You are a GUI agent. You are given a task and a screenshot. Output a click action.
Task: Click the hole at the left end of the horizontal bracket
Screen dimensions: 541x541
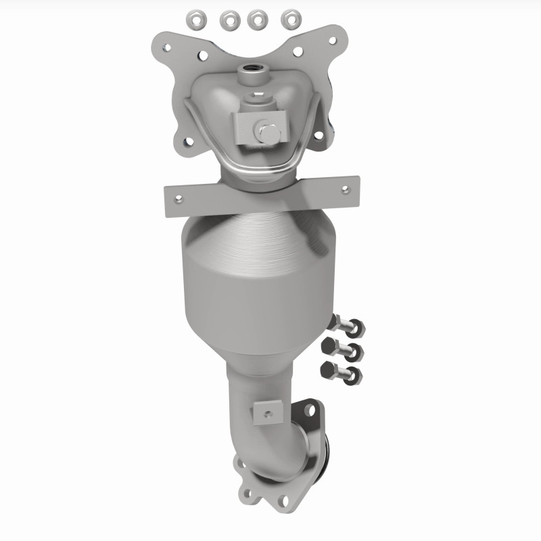pos(179,199)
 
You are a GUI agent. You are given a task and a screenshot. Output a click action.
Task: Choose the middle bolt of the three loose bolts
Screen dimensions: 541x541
pos(346,350)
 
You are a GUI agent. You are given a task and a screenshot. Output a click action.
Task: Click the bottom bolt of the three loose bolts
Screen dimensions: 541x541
pos(344,371)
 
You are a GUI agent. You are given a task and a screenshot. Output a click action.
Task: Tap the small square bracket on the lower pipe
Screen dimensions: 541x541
pos(269,412)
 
